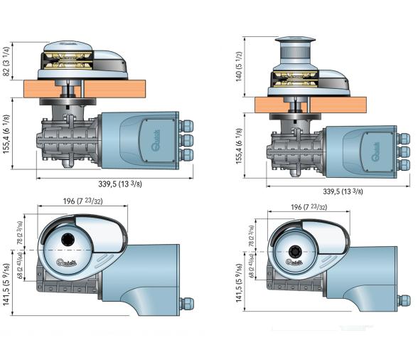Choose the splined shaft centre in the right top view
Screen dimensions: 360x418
(294, 251)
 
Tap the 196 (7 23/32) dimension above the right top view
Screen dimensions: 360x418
(306, 206)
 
